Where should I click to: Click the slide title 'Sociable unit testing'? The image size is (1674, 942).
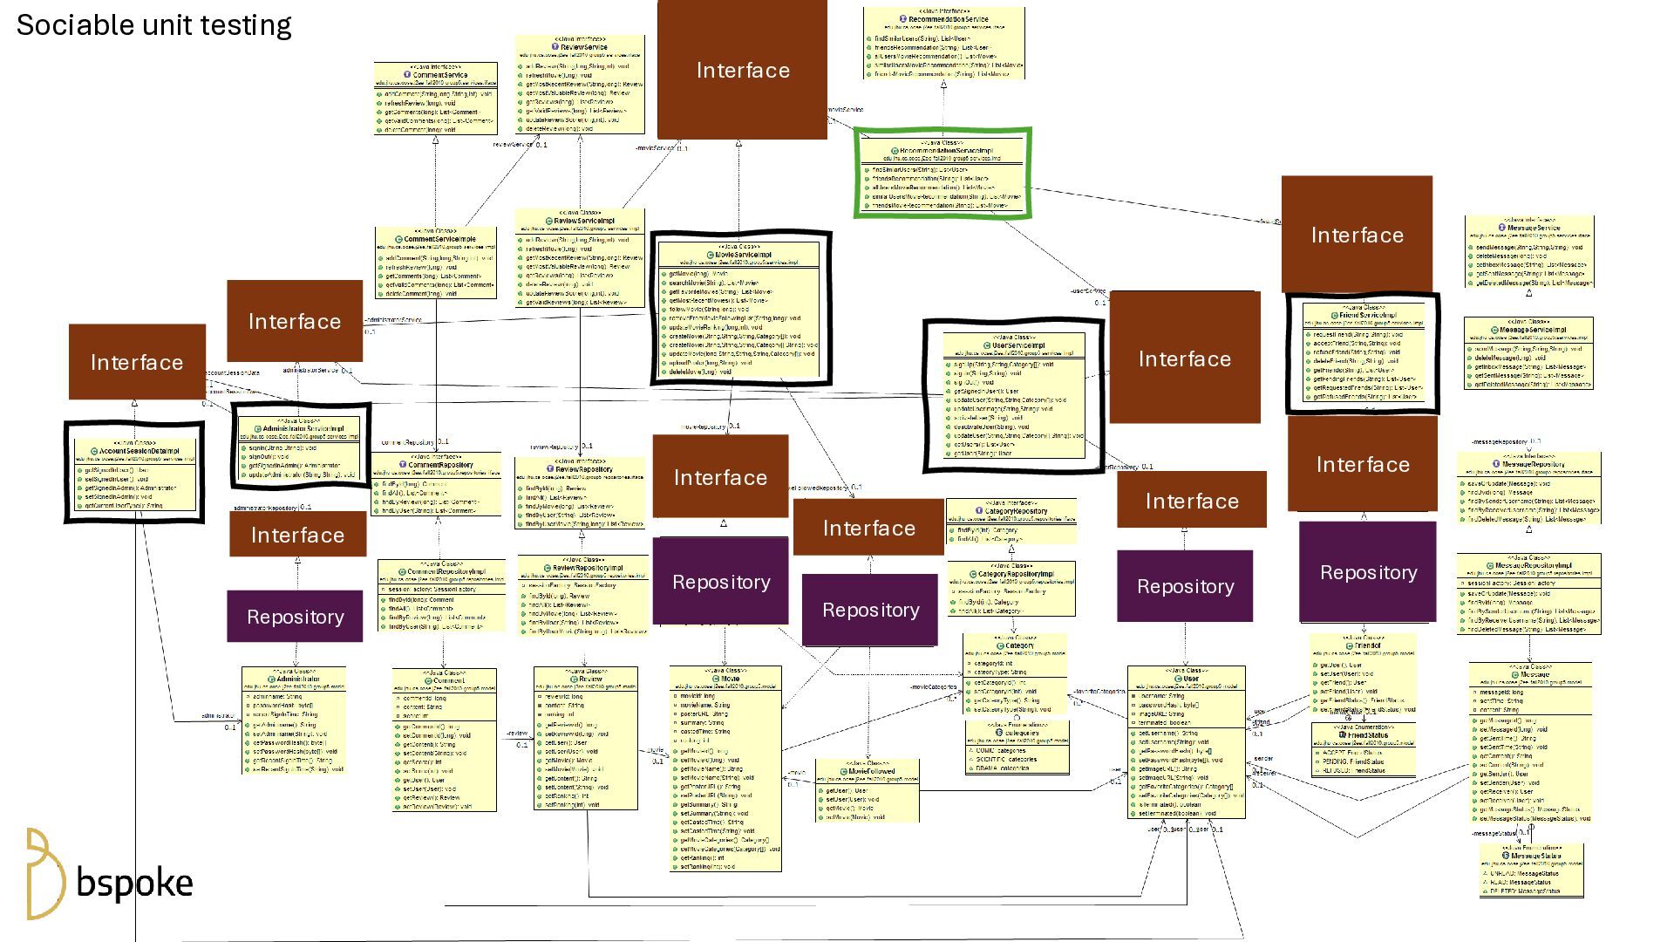pos(153,25)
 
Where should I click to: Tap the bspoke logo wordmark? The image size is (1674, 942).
pos(134,883)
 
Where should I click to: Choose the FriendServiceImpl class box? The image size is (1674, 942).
pos(1363,352)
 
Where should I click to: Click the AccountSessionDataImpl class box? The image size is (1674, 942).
pos(134,473)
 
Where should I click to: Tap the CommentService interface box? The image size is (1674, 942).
pos(436,98)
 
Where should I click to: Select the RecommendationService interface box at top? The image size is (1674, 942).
pos(943,44)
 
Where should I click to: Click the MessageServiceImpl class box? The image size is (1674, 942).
pos(1529,354)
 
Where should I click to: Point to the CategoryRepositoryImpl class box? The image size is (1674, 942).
pos(1011,589)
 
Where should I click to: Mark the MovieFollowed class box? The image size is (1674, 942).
pos(868,790)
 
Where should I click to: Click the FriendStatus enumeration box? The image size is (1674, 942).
pos(1364,748)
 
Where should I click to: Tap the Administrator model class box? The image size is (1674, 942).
pos(294,720)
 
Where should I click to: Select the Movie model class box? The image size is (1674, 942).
pos(725,768)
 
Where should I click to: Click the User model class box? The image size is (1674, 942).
pos(1186,742)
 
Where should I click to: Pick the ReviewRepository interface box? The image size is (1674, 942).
pos(580,494)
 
